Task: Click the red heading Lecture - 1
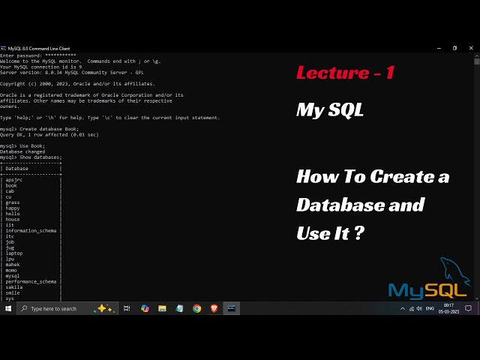point(345,73)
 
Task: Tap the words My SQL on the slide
point(330,110)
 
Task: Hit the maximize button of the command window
point(454,48)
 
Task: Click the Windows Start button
point(8,308)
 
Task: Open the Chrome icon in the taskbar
point(196,308)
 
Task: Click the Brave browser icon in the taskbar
point(214,308)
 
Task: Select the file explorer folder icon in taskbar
point(161,308)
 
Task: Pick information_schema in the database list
point(31,230)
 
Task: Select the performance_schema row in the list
point(31,281)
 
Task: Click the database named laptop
point(14,253)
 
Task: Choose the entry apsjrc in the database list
point(14,180)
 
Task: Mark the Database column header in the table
point(17,169)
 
